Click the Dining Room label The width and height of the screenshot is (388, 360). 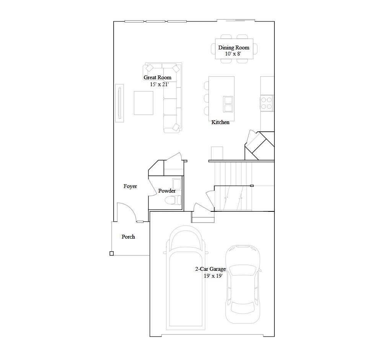[233, 47]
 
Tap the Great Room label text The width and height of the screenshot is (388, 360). [157, 77]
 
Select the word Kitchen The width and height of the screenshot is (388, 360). [220, 122]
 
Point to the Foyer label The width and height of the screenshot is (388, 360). [130, 187]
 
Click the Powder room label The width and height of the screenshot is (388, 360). [167, 191]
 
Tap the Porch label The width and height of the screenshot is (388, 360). [128, 237]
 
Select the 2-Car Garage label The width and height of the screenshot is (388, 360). [210, 269]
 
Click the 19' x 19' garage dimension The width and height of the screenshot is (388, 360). [213, 276]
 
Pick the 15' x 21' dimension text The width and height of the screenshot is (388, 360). [159, 84]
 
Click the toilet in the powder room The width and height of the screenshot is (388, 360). [173, 200]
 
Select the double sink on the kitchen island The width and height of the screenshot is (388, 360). [228, 103]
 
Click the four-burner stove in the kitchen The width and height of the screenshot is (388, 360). [267, 103]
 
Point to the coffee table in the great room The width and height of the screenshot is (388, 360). [143, 103]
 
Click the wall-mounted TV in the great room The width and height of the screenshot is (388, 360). [119, 103]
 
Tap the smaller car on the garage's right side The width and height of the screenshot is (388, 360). [242, 283]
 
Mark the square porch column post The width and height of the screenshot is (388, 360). [111, 254]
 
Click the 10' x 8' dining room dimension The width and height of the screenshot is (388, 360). [233, 54]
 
